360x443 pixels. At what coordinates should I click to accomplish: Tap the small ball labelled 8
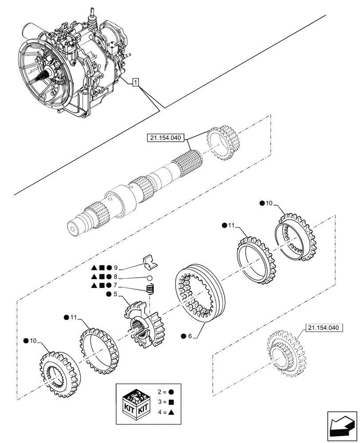click(x=151, y=279)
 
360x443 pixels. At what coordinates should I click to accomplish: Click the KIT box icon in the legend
click(x=136, y=401)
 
